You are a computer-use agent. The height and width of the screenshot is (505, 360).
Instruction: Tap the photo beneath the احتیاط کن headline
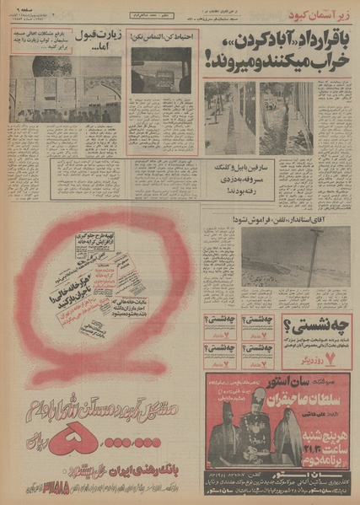point(162,70)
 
